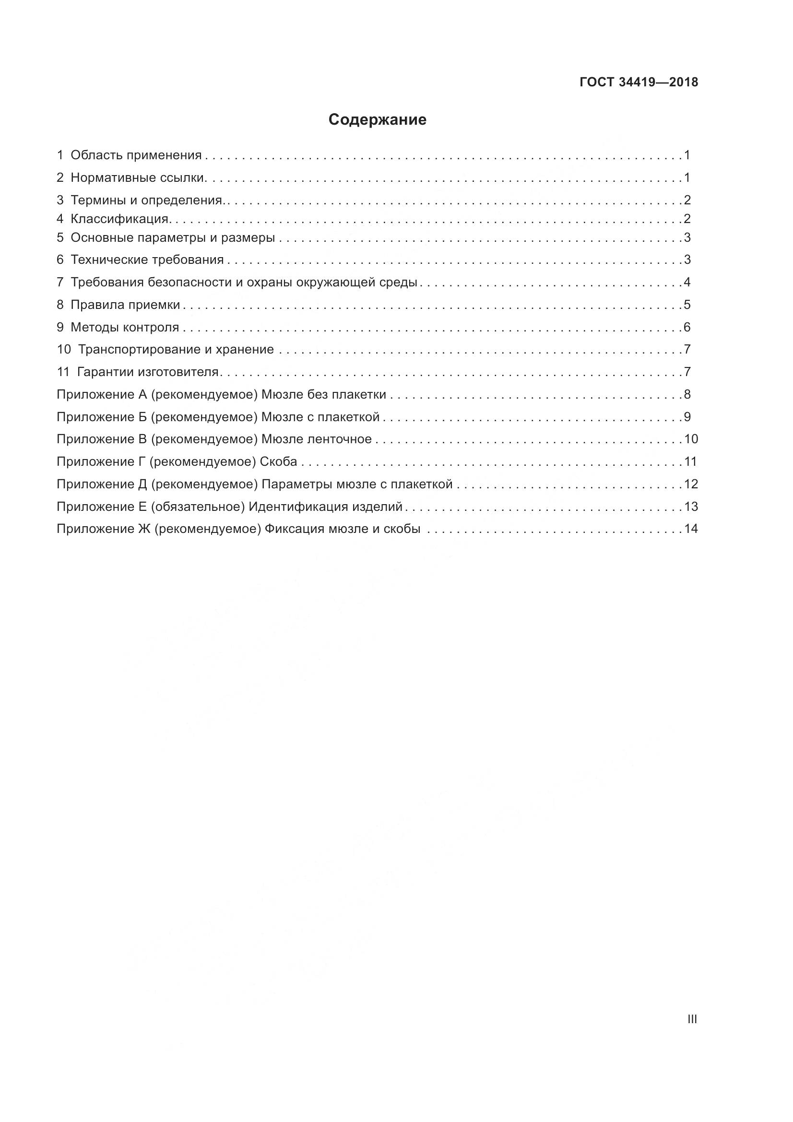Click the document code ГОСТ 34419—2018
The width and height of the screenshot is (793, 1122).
(x=639, y=82)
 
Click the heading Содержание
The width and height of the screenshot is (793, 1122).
(x=377, y=120)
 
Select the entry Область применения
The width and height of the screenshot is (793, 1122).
(x=136, y=155)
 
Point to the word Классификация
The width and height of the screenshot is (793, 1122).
(x=120, y=219)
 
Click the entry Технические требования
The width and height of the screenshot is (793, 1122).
(x=147, y=260)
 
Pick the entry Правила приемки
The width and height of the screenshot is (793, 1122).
(x=125, y=305)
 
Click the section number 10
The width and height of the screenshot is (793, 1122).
(x=63, y=350)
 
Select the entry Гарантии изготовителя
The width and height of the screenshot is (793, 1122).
(x=148, y=372)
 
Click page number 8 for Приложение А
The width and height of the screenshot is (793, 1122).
(x=687, y=395)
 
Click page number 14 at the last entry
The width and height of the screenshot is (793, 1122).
(x=691, y=529)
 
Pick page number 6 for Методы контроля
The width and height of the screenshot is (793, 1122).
(x=687, y=328)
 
